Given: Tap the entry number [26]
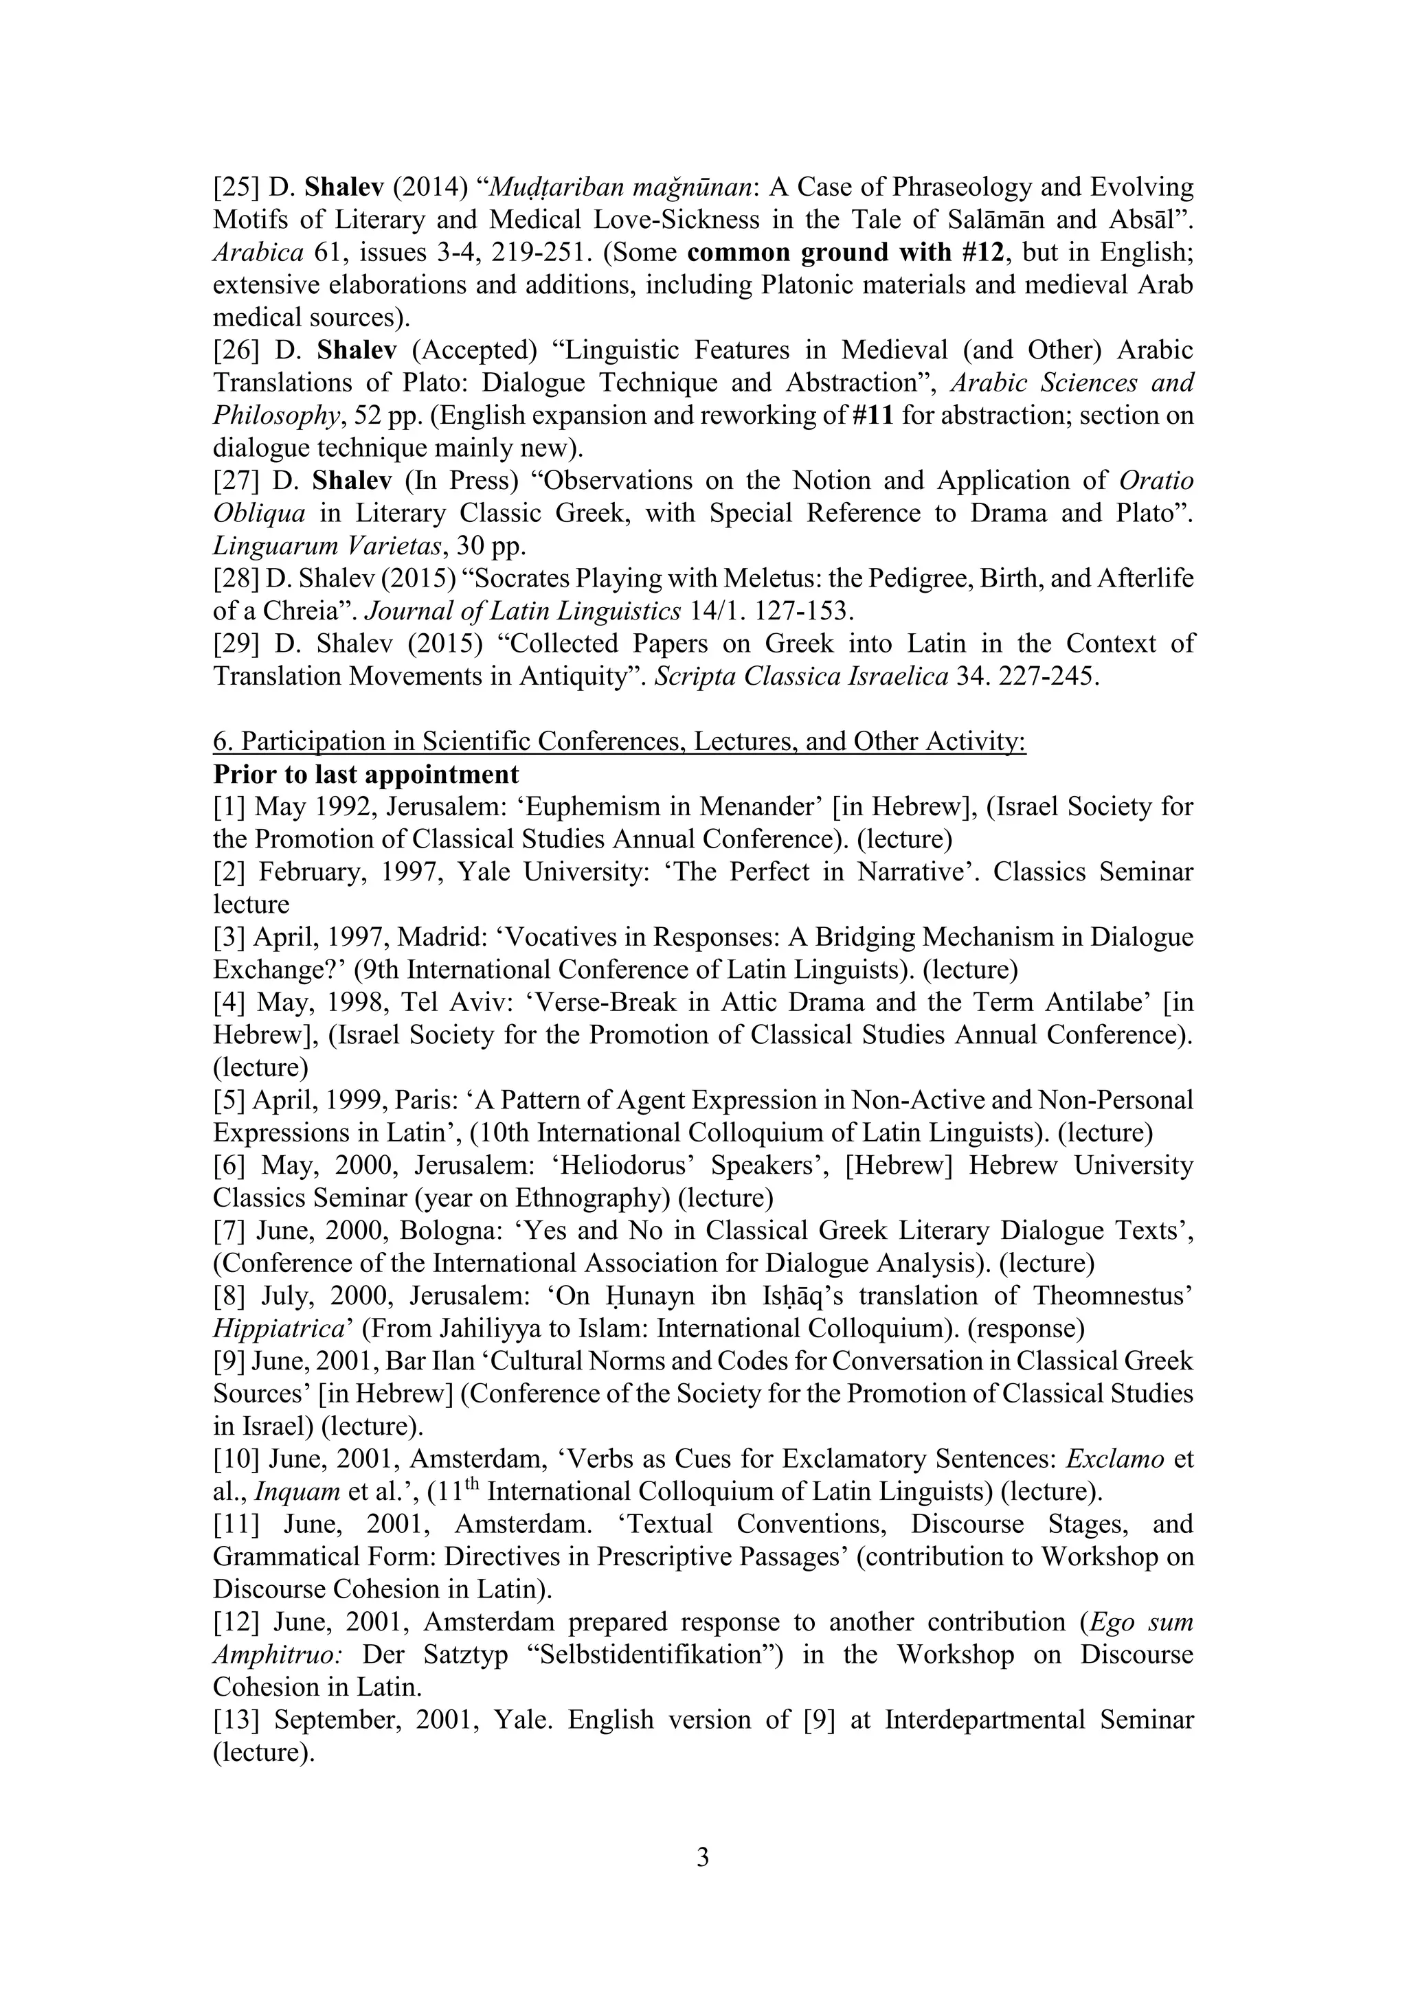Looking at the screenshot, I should (x=236, y=350).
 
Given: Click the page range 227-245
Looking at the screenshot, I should (x=1048, y=676).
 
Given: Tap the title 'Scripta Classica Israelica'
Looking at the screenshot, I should (x=800, y=676).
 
